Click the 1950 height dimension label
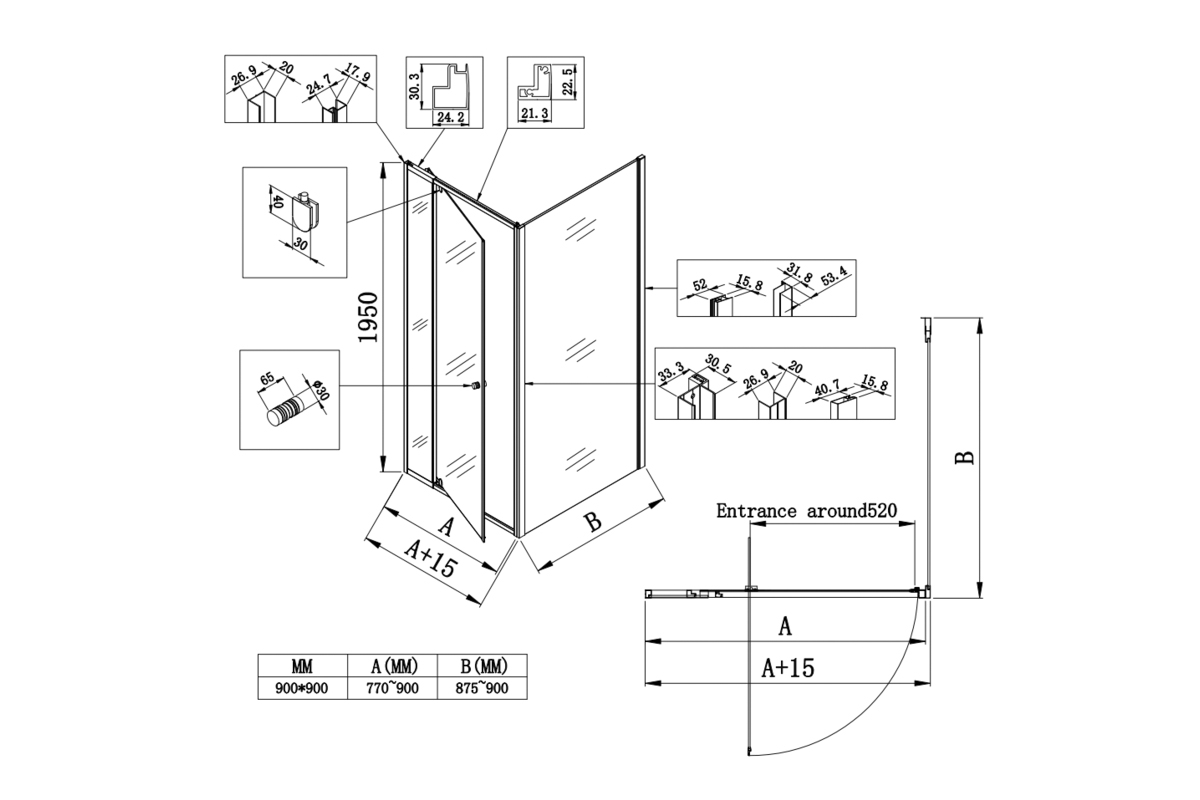[367, 318]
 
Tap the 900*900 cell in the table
[302, 688]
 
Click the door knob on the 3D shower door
[477, 386]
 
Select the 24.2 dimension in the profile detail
[447, 117]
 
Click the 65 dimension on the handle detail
[266, 379]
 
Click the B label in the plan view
[964, 457]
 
